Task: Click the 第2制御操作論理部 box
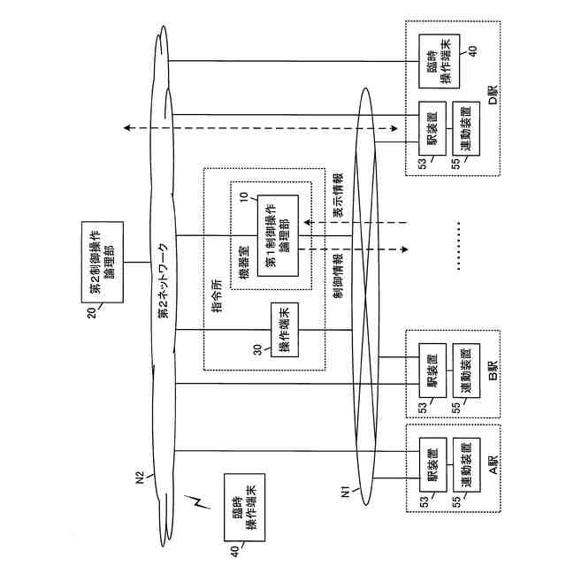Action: pos(103,262)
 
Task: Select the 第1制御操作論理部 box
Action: pos(278,236)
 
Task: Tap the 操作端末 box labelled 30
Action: pos(285,330)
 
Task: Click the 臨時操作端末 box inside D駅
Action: pos(440,61)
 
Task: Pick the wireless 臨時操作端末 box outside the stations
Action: pos(245,508)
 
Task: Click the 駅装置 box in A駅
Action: pos(432,464)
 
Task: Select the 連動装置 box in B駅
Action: pos(466,371)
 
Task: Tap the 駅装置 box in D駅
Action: pos(432,128)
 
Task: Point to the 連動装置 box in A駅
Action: pos(466,465)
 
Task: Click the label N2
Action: pos(140,478)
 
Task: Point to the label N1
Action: pos(346,492)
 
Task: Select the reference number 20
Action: pos(92,312)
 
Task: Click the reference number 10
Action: pos(244,196)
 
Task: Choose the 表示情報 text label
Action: pos(338,195)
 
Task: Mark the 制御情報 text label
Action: pos(338,276)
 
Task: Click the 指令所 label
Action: pos(217,295)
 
